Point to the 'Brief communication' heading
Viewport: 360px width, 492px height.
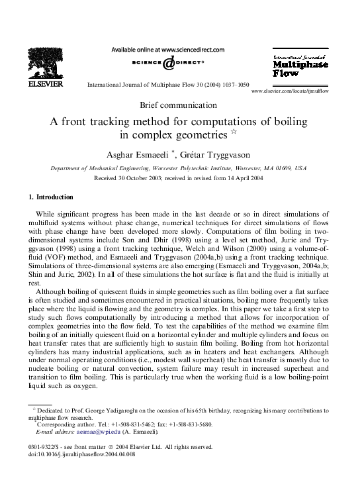pos(179,105)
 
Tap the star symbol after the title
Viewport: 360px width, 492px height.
pos(243,133)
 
